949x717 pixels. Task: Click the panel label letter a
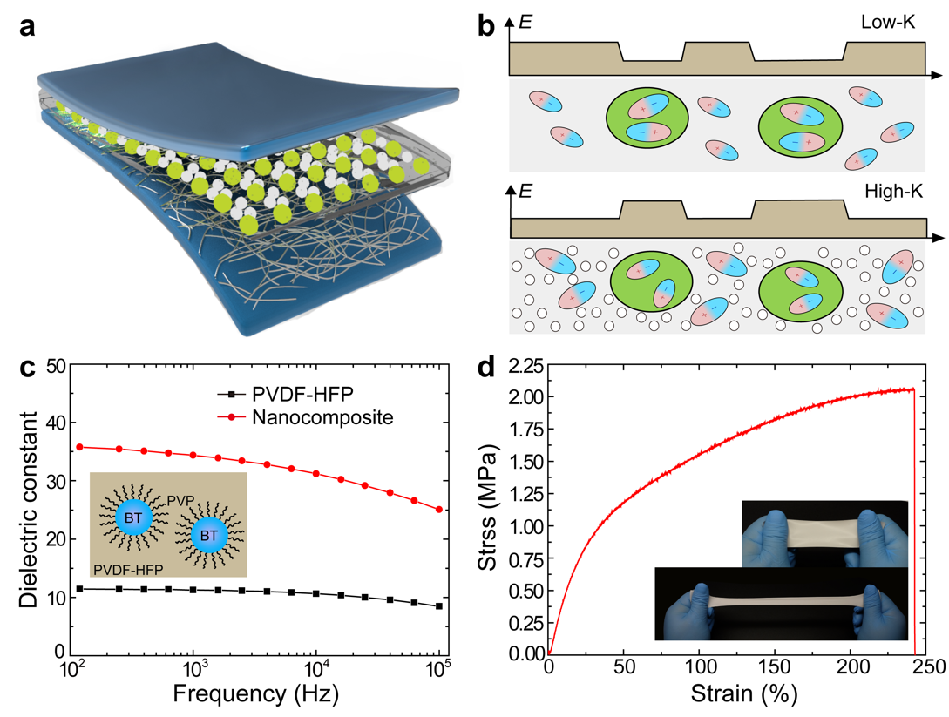(x=30, y=27)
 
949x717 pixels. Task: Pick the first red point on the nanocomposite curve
(x=79, y=447)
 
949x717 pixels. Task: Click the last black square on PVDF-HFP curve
(x=438, y=606)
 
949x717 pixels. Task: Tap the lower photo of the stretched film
(x=781, y=603)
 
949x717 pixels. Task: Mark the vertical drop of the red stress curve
(x=914, y=523)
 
